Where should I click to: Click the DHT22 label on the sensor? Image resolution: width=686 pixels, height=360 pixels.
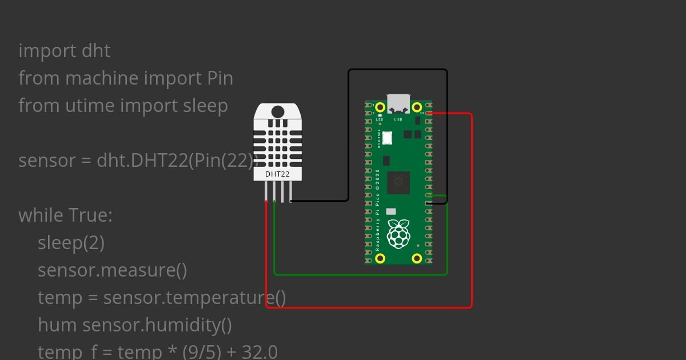point(277,174)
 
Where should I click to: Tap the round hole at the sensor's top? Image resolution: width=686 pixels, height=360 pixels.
point(277,111)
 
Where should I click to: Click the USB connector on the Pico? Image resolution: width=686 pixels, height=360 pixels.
point(398,103)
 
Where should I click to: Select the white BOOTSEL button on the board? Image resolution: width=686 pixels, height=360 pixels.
point(388,138)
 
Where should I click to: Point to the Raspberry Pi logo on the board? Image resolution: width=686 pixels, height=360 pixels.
point(398,233)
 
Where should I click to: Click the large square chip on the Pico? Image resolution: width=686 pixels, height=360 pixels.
point(398,182)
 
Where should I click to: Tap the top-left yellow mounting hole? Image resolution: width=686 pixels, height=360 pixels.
point(380,107)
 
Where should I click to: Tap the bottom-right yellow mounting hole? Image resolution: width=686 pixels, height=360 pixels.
point(417,258)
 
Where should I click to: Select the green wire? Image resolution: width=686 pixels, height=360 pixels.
point(360,274)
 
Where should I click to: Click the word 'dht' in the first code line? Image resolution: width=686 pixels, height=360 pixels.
point(96,51)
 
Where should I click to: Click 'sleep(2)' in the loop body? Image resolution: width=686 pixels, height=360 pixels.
point(71,243)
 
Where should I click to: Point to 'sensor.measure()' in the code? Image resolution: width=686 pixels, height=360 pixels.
point(112,270)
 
